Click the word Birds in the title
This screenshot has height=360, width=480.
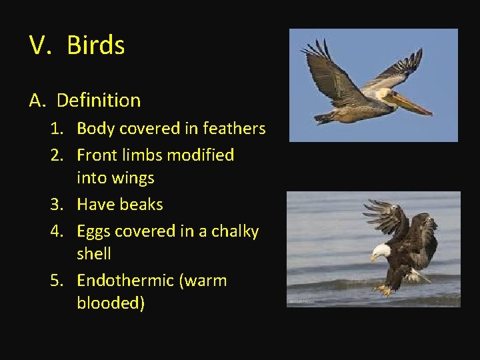[x=96, y=45]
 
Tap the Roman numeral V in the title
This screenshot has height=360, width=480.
[x=39, y=45]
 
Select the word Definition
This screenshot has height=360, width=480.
[x=99, y=101]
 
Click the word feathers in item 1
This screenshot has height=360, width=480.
[x=234, y=129]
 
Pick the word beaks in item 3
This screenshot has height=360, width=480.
[x=141, y=205]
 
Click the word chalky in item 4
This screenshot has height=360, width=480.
[x=235, y=231]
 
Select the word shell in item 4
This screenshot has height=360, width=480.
[x=94, y=254]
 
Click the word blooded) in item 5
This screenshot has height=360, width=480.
[x=111, y=303]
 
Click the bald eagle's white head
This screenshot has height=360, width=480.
[x=381, y=253]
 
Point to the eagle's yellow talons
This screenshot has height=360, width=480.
[x=385, y=290]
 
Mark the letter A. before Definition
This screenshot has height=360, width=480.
[x=37, y=101]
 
